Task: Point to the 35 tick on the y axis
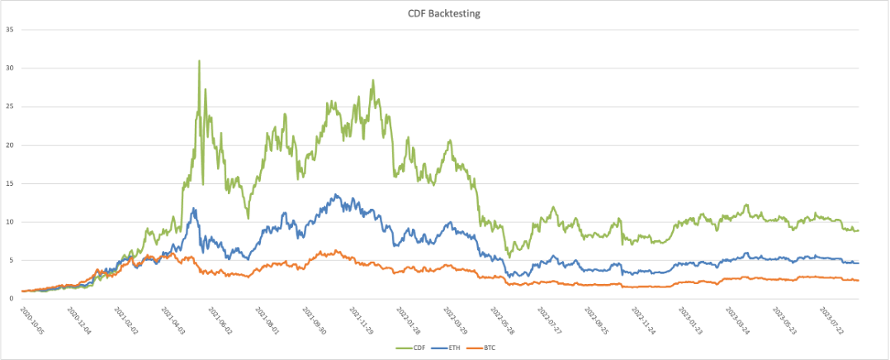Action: [11, 30]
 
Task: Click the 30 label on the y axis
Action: [11, 68]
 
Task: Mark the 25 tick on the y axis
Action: [11, 107]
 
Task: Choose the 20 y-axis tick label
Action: [11, 145]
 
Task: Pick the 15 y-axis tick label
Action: [11, 183]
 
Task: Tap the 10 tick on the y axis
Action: [11, 222]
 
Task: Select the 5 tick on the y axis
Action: [12, 260]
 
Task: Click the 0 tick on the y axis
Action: [12, 298]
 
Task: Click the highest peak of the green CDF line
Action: [199, 61]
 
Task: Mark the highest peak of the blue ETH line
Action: [336, 195]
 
